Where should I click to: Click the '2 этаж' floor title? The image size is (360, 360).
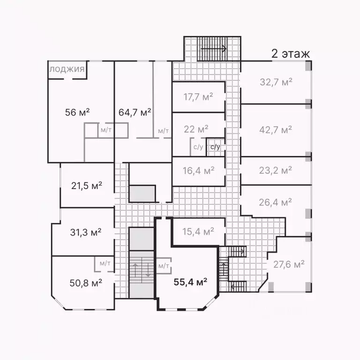(291, 54)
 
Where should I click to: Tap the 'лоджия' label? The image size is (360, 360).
(67, 70)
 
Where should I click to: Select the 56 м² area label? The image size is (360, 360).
(77, 112)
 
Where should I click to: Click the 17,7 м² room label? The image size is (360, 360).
(198, 97)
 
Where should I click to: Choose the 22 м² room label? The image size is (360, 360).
(196, 129)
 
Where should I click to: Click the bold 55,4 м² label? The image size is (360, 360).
(191, 282)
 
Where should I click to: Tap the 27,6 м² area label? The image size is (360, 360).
(289, 264)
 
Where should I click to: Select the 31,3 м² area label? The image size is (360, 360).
(86, 232)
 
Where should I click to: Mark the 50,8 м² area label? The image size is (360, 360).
(86, 283)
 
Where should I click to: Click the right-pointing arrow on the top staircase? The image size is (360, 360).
(214, 49)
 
